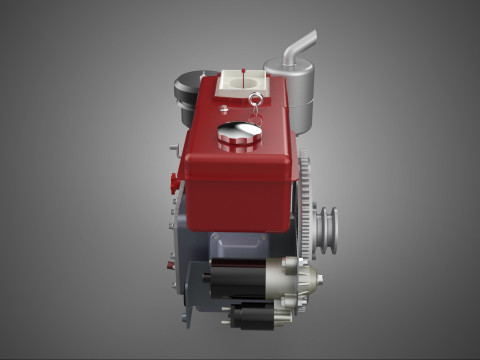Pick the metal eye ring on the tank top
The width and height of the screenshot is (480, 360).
[258, 99]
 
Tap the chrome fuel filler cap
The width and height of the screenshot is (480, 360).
[239, 132]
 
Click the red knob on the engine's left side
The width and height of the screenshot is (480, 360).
[173, 181]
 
